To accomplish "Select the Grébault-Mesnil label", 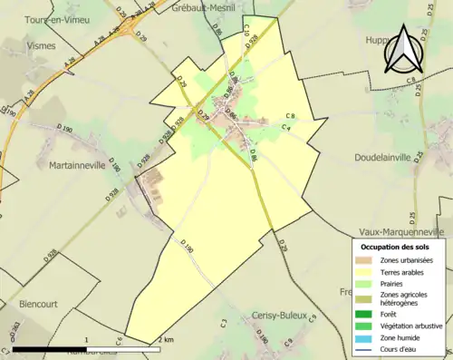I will (206, 7).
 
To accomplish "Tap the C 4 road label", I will (285, 127).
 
